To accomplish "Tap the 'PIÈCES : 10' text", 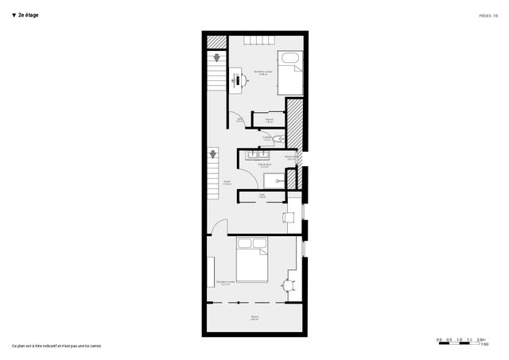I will tap(488, 15).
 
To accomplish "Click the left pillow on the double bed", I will tap(245, 243).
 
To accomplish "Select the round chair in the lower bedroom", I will tap(288, 284).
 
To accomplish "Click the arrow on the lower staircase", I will tap(212, 154).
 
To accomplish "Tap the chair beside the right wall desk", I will tap(289, 215).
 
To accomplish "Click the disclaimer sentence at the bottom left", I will tap(56, 346).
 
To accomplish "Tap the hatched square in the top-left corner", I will tap(213, 42).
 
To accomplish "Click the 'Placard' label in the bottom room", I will tap(254, 318).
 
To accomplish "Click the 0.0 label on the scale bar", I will tap(440, 340).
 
